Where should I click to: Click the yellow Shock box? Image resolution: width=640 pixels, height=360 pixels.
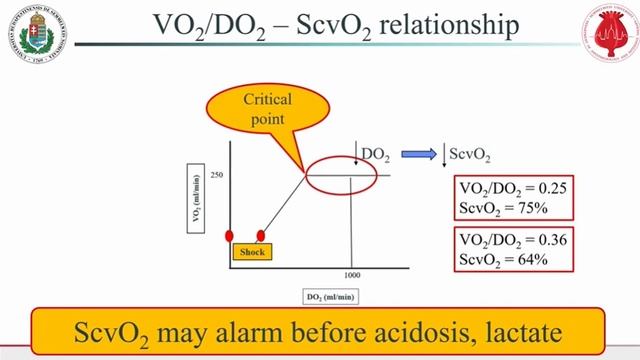pos(252,252)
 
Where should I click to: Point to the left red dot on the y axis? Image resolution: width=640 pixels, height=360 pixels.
pos(229,236)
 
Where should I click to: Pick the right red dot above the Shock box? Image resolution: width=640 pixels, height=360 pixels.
pos(261,236)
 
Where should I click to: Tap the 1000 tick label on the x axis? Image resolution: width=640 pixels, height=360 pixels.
pos(351,273)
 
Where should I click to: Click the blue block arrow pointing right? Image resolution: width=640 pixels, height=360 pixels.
pos(415,154)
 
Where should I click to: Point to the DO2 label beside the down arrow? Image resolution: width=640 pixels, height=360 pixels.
pos(376,154)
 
